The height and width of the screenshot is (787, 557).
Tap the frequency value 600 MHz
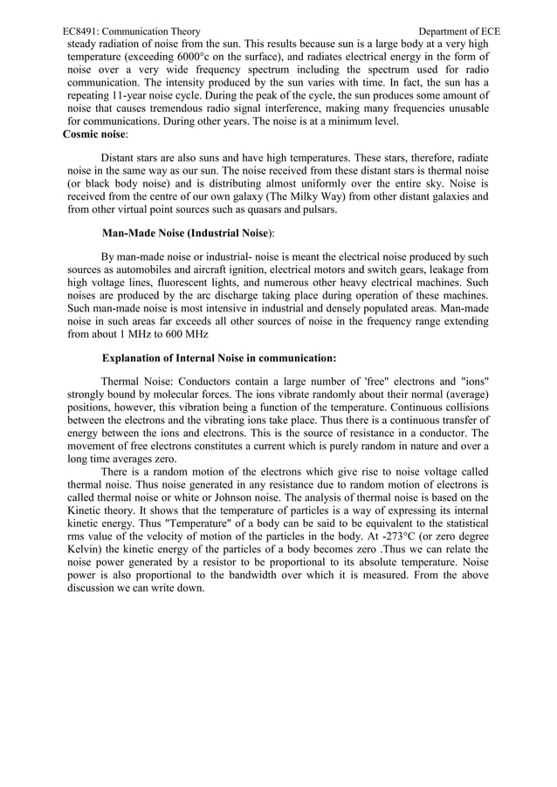[187, 335]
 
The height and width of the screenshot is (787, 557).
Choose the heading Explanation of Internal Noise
[219, 358]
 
